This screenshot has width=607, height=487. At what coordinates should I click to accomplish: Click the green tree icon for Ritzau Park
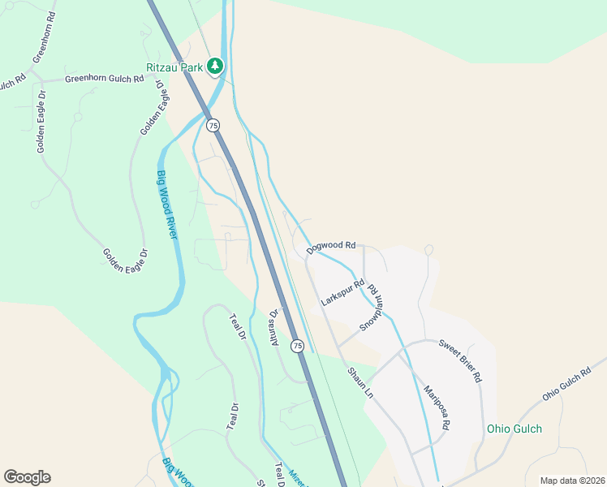coord(215,66)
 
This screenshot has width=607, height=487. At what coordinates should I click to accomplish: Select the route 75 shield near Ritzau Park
coord(213,125)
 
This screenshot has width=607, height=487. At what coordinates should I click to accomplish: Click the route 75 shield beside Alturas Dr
coord(298,346)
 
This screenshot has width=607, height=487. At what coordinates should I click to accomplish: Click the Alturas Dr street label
coord(274,328)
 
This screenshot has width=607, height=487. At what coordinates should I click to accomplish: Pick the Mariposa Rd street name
coord(436,407)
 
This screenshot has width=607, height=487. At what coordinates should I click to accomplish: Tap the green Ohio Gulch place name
coord(514,429)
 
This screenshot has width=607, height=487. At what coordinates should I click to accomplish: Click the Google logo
coord(27,477)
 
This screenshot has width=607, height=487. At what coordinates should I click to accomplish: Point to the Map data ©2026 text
coord(572,481)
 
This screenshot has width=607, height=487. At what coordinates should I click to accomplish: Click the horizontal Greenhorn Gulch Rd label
coord(104,80)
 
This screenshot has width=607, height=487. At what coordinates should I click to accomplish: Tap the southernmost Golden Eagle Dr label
coord(126,258)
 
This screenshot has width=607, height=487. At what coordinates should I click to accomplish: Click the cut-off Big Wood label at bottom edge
coord(177,473)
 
